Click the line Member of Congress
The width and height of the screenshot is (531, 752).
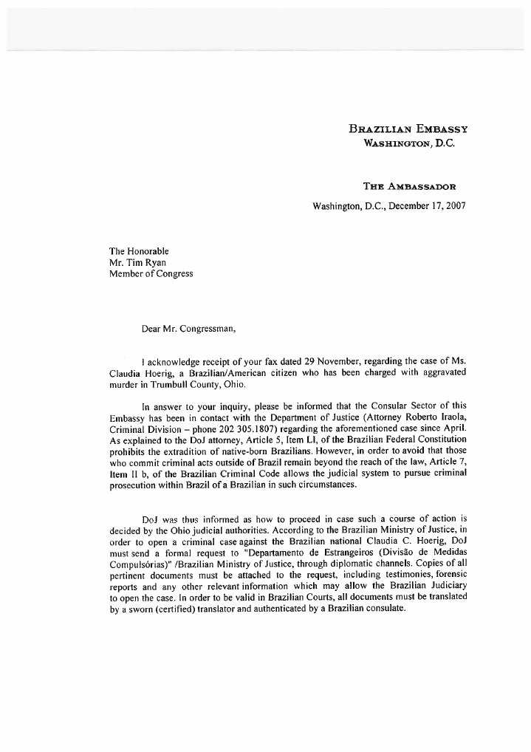point(151,273)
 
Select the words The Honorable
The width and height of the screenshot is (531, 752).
point(139,250)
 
